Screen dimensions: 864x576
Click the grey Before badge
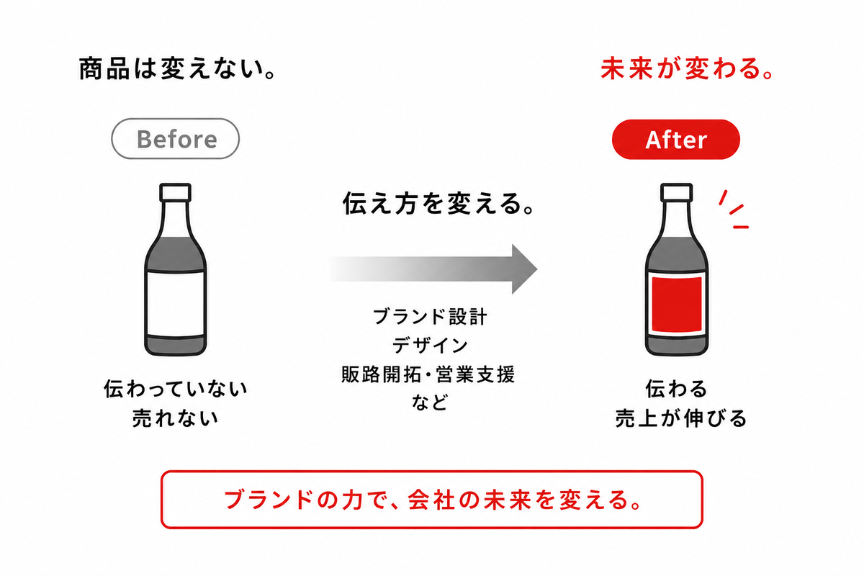(x=175, y=139)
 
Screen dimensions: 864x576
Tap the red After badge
(x=676, y=139)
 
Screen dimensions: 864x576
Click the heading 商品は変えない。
(x=177, y=68)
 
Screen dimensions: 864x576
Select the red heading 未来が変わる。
(x=687, y=68)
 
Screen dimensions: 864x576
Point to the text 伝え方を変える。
(x=439, y=203)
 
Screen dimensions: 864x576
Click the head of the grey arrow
(x=525, y=269)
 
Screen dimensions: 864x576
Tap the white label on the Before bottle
(x=176, y=304)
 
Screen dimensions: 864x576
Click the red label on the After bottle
(x=677, y=305)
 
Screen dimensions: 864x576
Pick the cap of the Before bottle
(x=176, y=192)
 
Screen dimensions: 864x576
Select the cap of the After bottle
(x=676, y=192)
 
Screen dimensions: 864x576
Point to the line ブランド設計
(x=430, y=317)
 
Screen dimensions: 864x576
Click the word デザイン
(x=430, y=346)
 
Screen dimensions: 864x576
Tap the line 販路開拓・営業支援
(x=428, y=374)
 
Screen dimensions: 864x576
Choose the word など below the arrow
(x=430, y=402)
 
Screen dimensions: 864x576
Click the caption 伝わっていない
(x=176, y=389)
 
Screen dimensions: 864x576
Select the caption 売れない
(x=176, y=418)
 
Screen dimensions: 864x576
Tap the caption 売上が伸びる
(x=681, y=418)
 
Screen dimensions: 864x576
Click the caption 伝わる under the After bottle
(x=677, y=389)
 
